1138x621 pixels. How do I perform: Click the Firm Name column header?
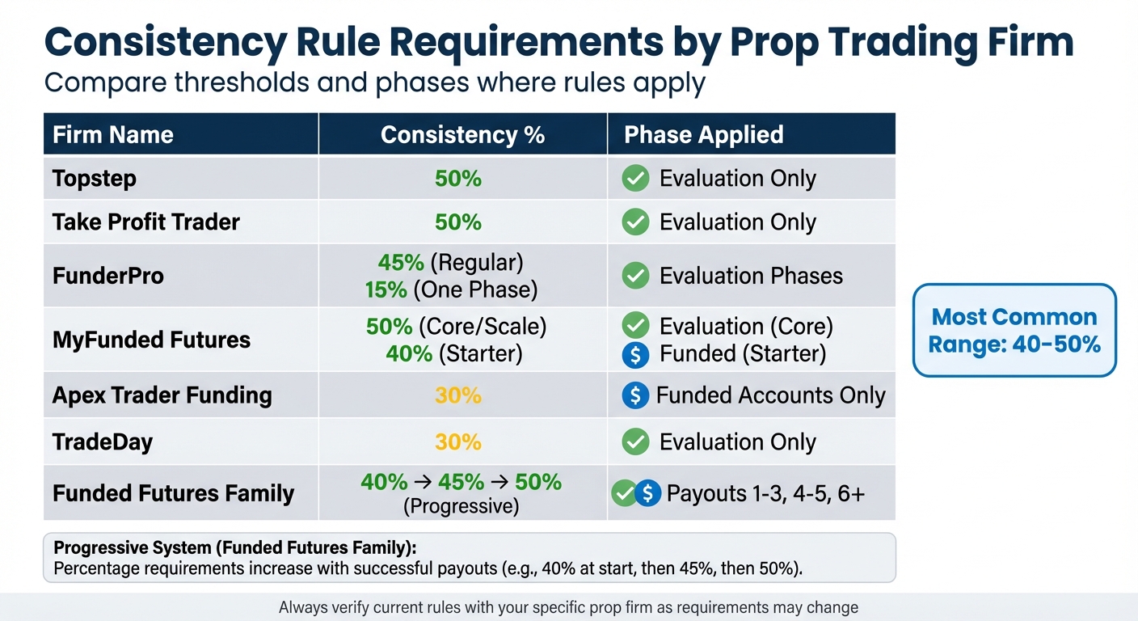pyautogui.click(x=113, y=134)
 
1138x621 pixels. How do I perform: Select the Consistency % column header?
pyautogui.click(x=462, y=134)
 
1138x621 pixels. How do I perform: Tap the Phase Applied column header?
pyautogui.click(x=703, y=134)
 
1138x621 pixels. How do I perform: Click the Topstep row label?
pyautogui.click(x=95, y=179)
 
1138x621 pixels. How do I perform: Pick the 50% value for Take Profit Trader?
pyautogui.click(x=458, y=222)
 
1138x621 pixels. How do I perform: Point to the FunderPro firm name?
pyautogui.click(x=108, y=276)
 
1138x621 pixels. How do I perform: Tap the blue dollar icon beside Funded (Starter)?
pyautogui.click(x=635, y=353)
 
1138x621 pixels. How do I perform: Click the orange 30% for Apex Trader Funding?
pyautogui.click(x=458, y=395)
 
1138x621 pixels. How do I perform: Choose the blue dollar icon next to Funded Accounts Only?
pyautogui.click(x=635, y=395)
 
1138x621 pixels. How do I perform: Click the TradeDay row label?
pyautogui.click(x=103, y=442)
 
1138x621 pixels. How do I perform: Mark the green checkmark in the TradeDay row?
pyautogui.click(x=635, y=442)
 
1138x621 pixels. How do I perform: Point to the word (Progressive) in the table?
pyautogui.click(x=461, y=506)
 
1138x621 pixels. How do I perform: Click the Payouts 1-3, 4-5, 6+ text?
pyautogui.click(x=765, y=493)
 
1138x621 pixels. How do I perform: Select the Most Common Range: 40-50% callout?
pyautogui.click(x=1014, y=331)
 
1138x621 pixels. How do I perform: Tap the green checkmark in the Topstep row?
pyautogui.click(x=635, y=179)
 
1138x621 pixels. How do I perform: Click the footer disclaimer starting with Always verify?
pyautogui.click(x=568, y=607)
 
